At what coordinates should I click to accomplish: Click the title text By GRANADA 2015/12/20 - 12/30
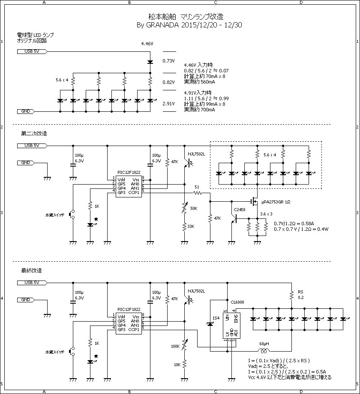click(189, 25)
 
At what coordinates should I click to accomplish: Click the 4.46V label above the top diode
click(147, 44)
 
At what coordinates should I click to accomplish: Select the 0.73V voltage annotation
click(168, 61)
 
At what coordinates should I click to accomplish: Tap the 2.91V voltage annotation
click(168, 104)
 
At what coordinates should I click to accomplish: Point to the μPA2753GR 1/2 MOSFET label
click(279, 202)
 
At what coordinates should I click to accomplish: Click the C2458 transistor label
click(240, 209)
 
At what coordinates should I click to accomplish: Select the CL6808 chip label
click(237, 302)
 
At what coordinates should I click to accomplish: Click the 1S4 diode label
click(216, 317)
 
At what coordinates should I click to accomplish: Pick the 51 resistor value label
click(197, 187)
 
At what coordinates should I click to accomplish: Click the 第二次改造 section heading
click(34, 133)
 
